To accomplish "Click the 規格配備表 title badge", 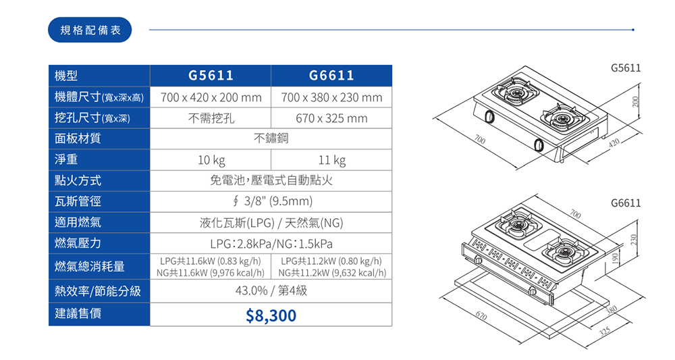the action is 90,30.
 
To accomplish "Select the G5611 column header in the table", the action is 211,76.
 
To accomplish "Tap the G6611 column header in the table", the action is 331,76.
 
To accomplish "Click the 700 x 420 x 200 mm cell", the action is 211,97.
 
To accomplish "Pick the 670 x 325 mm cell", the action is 331,118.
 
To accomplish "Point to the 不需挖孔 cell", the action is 211,118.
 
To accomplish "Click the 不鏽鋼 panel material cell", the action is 271,139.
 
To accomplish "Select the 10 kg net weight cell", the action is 211,160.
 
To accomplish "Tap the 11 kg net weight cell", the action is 331,160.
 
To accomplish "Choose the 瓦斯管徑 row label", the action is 78,201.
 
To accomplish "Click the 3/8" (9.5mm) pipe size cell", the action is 271,201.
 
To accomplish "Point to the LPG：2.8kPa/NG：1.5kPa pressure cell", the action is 271,243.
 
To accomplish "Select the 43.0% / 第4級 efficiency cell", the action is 271,291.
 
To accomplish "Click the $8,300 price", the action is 271,315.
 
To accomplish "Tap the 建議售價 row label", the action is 78,313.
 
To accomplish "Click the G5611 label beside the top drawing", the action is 625,68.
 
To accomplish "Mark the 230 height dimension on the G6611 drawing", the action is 633,240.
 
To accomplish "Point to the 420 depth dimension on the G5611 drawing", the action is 613,143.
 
